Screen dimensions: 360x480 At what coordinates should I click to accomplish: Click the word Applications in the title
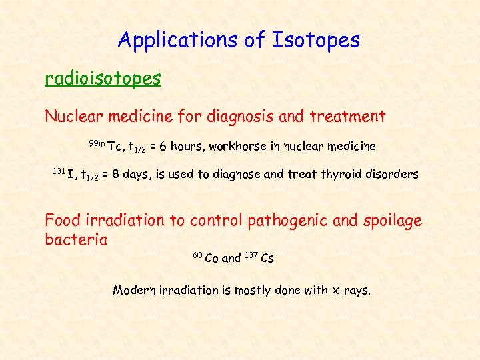click(176, 41)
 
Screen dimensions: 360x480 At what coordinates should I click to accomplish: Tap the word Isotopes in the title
click(316, 41)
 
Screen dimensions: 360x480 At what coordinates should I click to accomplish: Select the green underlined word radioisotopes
click(103, 79)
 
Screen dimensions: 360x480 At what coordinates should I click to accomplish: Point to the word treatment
click(347, 117)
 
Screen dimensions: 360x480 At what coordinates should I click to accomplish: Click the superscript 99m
click(97, 143)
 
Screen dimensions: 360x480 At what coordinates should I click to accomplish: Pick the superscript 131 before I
click(59, 171)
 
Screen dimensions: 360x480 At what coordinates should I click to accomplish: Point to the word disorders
click(391, 175)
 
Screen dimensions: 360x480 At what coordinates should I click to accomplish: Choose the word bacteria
click(76, 239)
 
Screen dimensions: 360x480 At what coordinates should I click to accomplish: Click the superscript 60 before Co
click(197, 255)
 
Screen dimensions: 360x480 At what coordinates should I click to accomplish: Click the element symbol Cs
click(267, 259)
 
